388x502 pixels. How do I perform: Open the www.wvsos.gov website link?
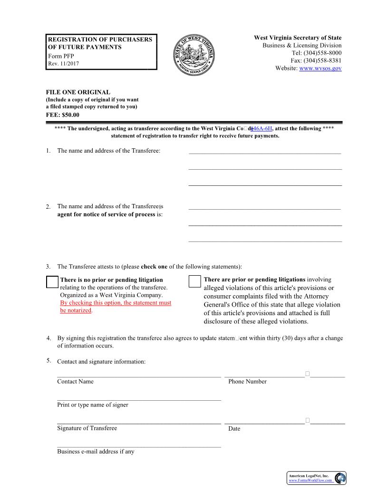(320, 68)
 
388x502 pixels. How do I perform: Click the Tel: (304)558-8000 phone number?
(316, 53)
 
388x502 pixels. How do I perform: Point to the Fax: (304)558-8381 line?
(316, 60)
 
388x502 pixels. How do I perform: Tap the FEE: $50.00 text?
(62, 115)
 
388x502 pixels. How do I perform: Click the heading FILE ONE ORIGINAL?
(78, 92)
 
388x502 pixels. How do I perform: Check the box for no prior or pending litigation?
(52, 282)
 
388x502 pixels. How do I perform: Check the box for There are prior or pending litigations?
(194, 281)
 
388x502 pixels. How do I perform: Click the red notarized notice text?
(116, 307)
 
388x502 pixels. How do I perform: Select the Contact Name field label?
(75, 382)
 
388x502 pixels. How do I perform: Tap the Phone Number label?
(247, 382)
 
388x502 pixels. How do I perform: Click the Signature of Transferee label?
(87, 428)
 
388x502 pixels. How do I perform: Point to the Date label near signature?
(234, 429)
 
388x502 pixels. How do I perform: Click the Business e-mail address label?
(96, 452)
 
